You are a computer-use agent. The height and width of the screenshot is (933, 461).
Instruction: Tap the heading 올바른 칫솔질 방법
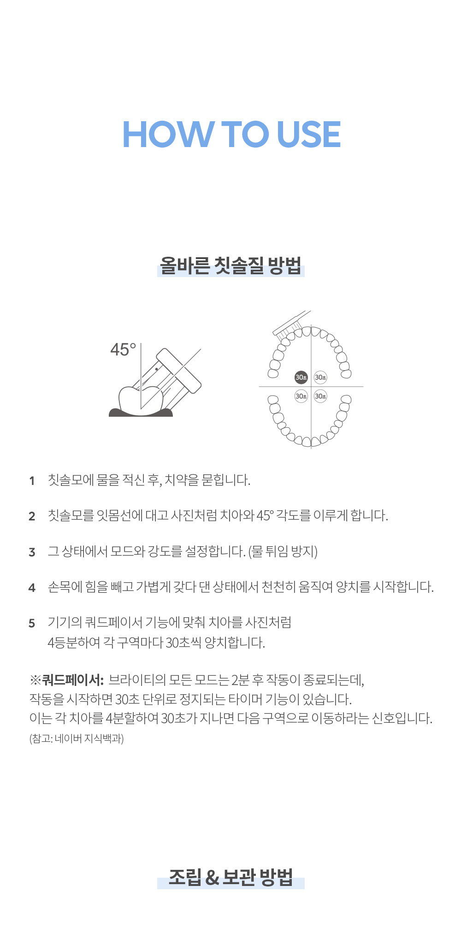[x=230, y=266]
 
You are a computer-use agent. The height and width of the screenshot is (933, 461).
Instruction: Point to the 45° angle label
[x=123, y=349]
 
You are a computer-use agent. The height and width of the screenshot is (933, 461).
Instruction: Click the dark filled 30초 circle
[x=301, y=378]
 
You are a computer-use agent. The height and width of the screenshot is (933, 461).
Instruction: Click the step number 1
[x=32, y=481]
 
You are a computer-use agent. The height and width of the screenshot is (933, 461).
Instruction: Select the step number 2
[x=32, y=516]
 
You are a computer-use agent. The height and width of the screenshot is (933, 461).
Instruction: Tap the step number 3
[x=32, y=552]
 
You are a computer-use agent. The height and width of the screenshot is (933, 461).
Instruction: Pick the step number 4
[x=32, y=588]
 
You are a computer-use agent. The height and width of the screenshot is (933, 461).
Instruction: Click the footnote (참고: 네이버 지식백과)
[x=77, y=738]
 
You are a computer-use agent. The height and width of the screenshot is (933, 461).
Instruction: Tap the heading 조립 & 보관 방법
[x=230, y=877]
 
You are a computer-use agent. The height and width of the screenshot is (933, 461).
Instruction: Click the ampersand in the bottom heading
[x=212, y=878]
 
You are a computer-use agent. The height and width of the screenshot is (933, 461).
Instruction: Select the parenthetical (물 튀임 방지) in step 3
[x=283, y=551]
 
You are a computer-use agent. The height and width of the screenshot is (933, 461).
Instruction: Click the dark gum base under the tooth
[x=141, y=412]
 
